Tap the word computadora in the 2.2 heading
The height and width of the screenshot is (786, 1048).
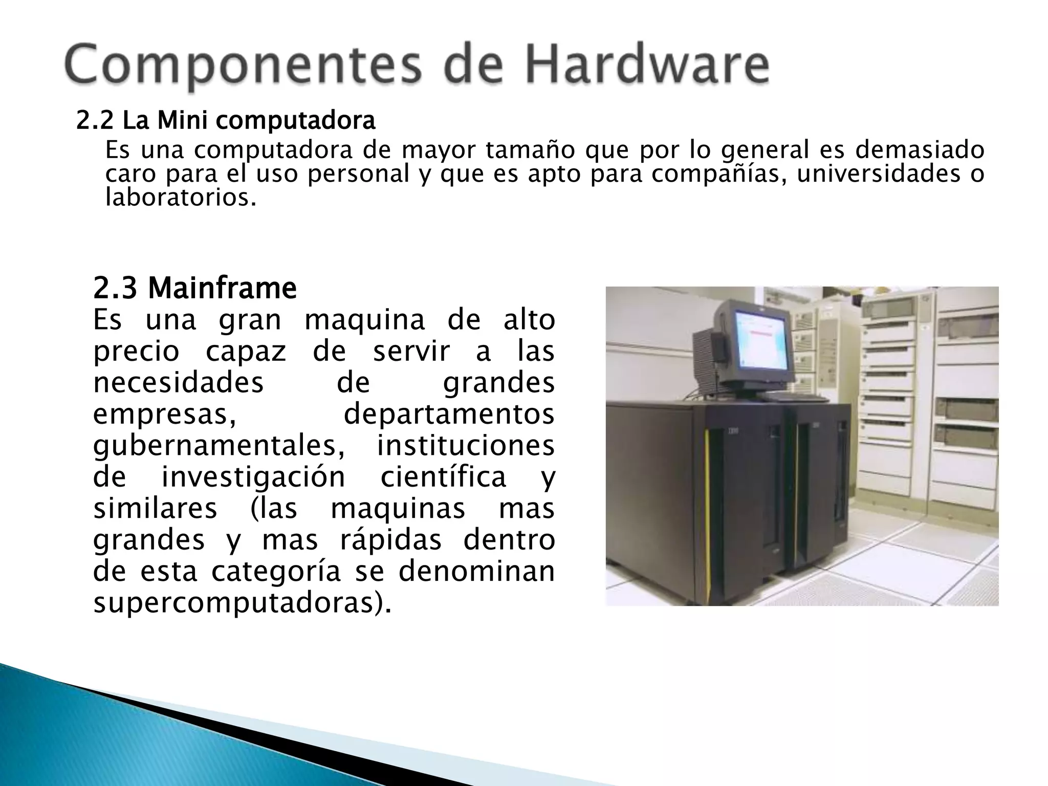coord(295,122)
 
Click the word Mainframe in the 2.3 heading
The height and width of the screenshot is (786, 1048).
coord(222,289)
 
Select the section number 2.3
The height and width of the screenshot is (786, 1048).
coord(115,289)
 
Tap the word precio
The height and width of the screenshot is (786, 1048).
coord(136,352)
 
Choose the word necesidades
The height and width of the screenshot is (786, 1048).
coord(178,383)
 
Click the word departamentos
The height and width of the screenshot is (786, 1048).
coord(449,414)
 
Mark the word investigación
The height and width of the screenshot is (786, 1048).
coord(253,477)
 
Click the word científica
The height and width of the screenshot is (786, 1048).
coord(443,477)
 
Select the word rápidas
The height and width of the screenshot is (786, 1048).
coord(390,540)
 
